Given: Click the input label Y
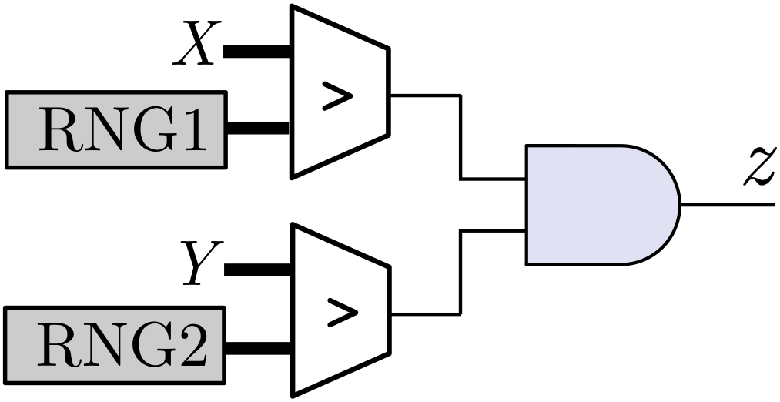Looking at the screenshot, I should coord(199,264).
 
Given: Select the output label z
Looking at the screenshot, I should coord(758,168).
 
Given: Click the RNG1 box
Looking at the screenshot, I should coord(116,129).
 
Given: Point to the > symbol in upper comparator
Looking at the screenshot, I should coord(337,98).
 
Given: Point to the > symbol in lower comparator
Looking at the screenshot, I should coord(337,312).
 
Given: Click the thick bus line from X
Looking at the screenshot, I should coord(256,52).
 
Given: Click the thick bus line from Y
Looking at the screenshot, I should coord(256,270).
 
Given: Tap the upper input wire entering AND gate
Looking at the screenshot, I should coord(493,179).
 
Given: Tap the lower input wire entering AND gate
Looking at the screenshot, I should coord(493,229).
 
